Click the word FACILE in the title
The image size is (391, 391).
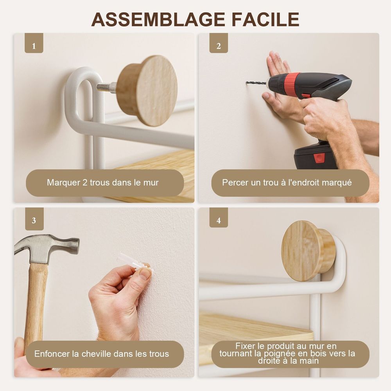(265, 19)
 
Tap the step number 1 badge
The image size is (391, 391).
(34, 43)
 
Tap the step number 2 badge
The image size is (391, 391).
(219, 43)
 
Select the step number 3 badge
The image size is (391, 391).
(34, 219)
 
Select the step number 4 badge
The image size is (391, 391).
(219, 218)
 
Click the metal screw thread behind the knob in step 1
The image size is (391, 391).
(106, 87)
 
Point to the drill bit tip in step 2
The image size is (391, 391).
(247, 83)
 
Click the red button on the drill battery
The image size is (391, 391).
(319, 158)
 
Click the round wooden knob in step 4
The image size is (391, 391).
(308, 251)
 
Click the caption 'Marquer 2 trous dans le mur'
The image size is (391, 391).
(103, 183)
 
